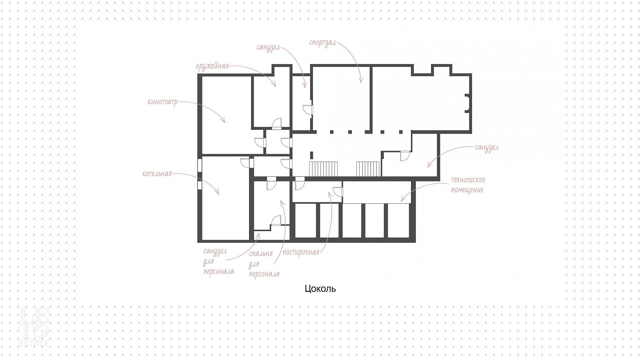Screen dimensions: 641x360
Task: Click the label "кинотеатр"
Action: pyautogui.click(x=163, y=102)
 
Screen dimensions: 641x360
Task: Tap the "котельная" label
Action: pyautogui.click(x=157, y=174)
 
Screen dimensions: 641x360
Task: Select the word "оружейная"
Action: pyautogui.click(x=212, y=66)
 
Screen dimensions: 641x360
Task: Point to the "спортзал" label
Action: pyautogui.click(x=323, y=44)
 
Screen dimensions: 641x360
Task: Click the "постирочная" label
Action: pyautogui.click(x=301, y=252)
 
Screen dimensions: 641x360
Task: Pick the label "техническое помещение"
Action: pyautogui.click(x=468, y=185)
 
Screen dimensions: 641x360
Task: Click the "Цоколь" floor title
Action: pyautogui.click(x=320, y=289)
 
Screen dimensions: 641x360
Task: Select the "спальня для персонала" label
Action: pyautogui.click(x=264, y=264)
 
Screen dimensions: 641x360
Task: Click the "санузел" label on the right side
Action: pyautogui.click(x=487, y=147)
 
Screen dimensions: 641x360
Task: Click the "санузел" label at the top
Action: pyautogui.click(x=268, y=47)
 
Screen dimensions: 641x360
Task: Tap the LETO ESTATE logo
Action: pyautogui.click(x=34, y=326)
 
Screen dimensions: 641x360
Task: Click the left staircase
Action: pyautogui.click(x=324, y=169)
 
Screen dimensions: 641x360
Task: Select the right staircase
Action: pyautogui.click(x=369, y=169)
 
